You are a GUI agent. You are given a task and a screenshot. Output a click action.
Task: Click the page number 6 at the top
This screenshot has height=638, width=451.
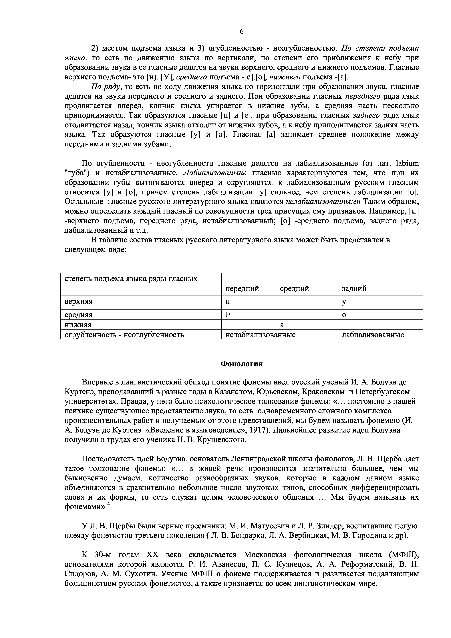point(241,32)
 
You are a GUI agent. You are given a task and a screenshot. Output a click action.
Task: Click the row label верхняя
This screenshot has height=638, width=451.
point(78,302)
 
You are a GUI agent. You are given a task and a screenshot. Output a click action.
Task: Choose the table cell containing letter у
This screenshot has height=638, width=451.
point(344,302)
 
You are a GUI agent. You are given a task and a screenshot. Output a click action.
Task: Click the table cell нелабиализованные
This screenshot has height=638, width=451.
point(260,335)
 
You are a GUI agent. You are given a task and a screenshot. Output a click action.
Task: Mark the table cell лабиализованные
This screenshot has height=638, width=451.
point(373,335)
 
